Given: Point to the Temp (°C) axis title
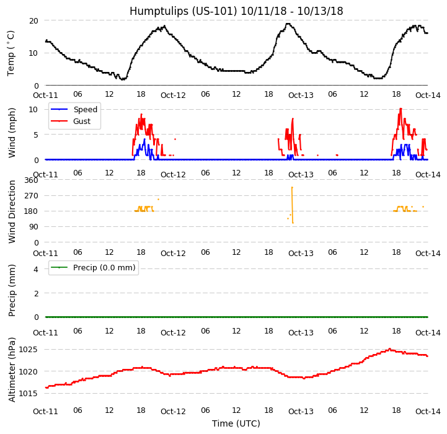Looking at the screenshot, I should click(x=11, y=53).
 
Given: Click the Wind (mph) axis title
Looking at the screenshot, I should click(x=11, y=132).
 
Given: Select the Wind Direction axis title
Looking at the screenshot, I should click(x=11, y=211).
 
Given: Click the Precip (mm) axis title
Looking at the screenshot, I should click(x=11, y=290).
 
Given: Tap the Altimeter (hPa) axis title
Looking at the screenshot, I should click(x=11, y=370).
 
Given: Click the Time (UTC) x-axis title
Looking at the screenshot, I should click(x=236, y=423).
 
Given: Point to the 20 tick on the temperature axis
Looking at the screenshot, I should click(x=33, y=20).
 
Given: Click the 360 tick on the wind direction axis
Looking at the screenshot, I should click(x=31, y=180).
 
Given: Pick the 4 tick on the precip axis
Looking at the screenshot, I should click(x=36, y=269).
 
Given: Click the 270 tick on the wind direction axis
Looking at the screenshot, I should click(x=31, y=195).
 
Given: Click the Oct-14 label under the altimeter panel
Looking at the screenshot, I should click(x=428, y=411).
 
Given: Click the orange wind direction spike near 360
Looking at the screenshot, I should click(x=292, y=188).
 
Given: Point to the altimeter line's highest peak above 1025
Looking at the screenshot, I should click(x=389, y=348).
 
